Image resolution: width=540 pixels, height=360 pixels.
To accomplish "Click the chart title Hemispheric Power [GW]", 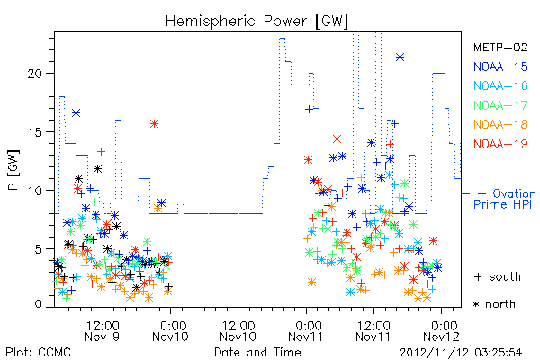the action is (x=256, y=22).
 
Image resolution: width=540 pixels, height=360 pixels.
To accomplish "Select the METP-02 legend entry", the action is (x=500, y=47).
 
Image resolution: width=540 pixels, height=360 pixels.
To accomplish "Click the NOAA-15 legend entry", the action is (x=500, y=67).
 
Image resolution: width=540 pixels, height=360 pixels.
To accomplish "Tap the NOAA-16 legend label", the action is (x=500, y=85).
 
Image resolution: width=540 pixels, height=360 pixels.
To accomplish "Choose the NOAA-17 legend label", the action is (x=500, y=105).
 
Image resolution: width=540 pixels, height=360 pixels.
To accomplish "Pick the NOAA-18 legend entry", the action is (x=500, y=124).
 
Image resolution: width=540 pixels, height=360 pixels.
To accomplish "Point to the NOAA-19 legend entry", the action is (x=500, y=144).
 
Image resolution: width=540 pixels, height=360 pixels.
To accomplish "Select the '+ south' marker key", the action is (x=498, y=276).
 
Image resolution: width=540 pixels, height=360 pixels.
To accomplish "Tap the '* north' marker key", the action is (x=494, y=304).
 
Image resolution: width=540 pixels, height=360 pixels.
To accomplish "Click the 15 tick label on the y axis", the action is (x=35, y=132).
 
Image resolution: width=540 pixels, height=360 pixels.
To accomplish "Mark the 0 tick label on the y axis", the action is (x=39, y=304).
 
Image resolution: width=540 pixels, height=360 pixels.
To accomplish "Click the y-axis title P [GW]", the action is (x=13, y=170).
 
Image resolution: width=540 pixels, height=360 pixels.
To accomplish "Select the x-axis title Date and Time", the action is (x=257, y=352).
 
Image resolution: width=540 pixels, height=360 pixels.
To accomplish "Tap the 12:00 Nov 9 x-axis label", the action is (x=103, y=331).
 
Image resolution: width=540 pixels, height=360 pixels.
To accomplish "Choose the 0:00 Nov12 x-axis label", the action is (x=442, y=331).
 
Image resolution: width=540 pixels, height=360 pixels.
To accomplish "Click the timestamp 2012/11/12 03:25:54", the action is (x=461, y=353).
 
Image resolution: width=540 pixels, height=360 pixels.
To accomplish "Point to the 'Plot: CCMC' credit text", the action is (x=38, y=353).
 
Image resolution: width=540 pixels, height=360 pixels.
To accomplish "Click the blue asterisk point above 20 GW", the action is (x=400, y=58).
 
